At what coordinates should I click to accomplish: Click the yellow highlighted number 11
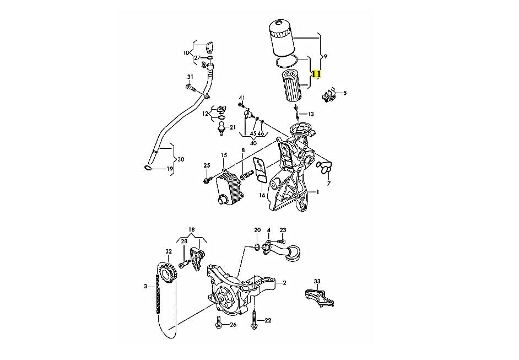pos(316,74)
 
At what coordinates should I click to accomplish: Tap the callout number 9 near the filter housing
pos(326,57)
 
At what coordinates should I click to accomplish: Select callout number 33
pos(317,282)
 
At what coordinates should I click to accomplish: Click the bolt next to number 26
pos(219,323)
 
